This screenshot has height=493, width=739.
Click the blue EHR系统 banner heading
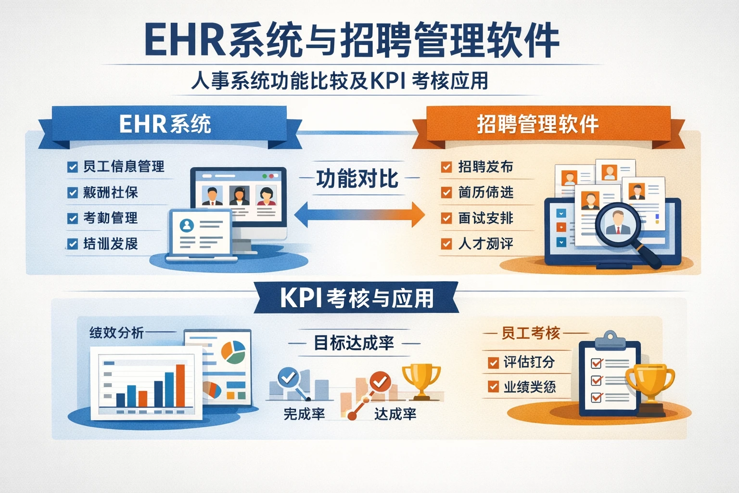pos(165,124)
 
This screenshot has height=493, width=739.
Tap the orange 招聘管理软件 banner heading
pos(537,124)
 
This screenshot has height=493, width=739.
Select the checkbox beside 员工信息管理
pos(73,167)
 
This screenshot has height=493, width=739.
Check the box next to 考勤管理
pos(73,219)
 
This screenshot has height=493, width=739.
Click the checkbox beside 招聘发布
pos(446,167)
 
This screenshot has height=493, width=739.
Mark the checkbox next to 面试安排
pos(446,219)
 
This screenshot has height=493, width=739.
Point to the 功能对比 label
pos(357,179)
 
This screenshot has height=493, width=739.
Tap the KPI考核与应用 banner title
pos(357,298)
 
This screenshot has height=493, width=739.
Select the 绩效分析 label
pos(116,333)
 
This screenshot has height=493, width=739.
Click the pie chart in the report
pos(233,352)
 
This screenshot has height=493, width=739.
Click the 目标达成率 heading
pos(354,343)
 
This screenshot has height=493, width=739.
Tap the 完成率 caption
pos(304,414)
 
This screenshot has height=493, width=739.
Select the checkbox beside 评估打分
pos(493,363)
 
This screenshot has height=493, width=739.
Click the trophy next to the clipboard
pos(650,385)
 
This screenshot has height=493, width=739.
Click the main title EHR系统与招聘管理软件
pos(351,39)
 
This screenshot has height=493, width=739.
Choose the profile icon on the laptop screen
pos(186,225)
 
